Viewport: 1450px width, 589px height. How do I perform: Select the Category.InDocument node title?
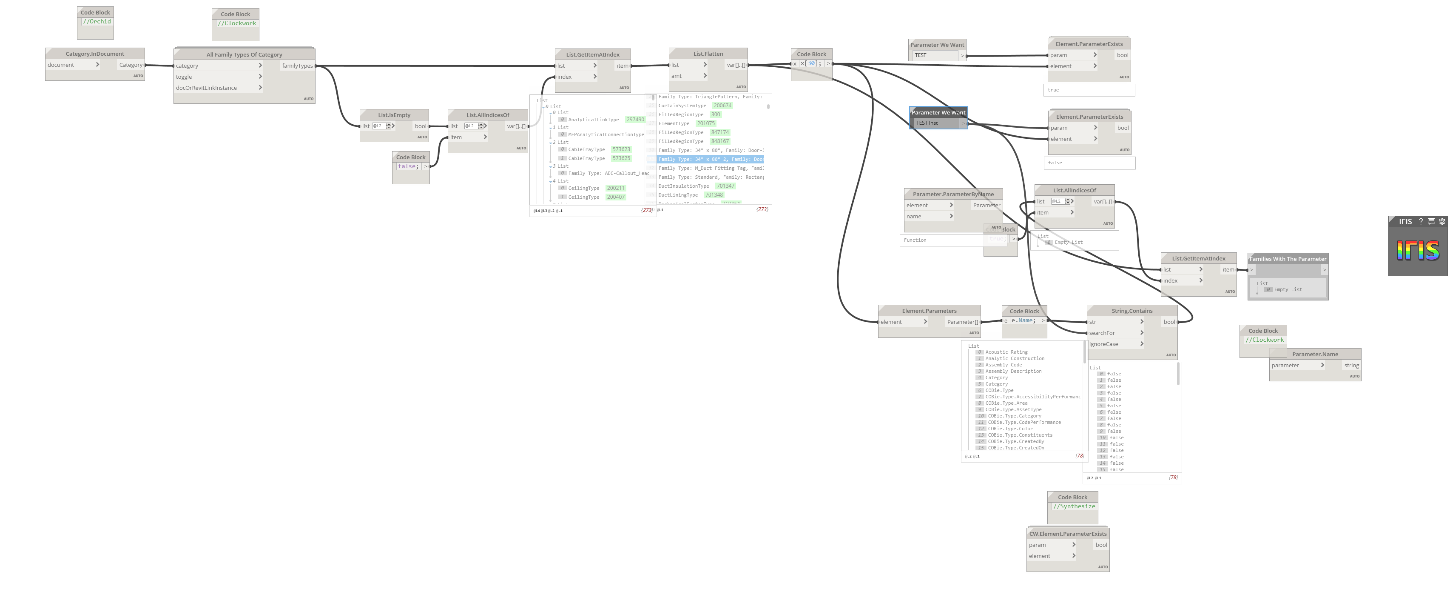94,54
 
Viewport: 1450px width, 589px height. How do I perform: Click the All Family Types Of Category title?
244,54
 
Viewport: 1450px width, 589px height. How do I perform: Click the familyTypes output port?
297,66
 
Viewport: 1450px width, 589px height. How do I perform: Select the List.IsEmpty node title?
394,115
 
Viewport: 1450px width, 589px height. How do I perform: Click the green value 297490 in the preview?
635,120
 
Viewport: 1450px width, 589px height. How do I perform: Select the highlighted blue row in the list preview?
711,159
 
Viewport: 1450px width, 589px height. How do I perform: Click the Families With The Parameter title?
1288,259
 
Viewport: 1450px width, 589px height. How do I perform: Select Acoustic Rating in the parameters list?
1006,352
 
